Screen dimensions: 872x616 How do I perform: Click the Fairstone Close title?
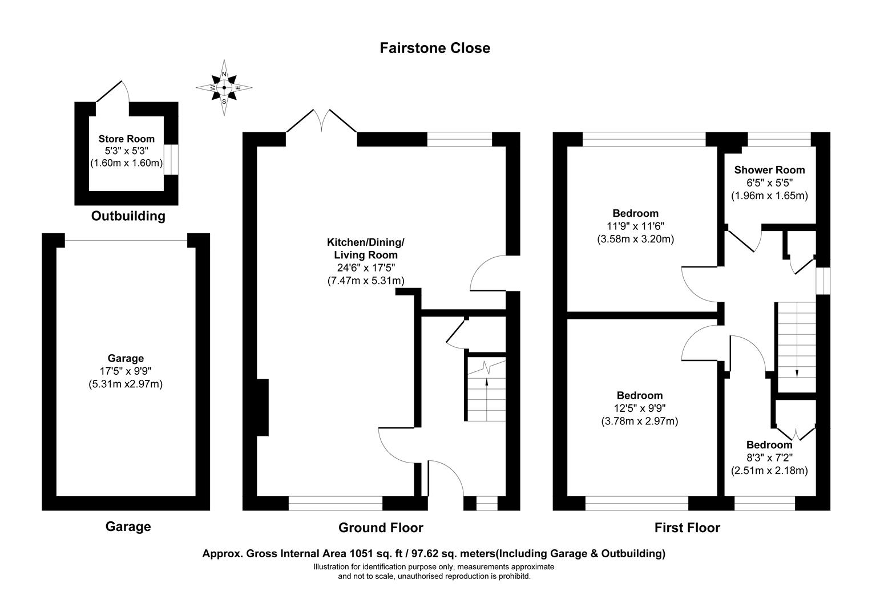click(x=435, y=48)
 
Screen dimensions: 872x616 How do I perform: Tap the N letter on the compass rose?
click(x=224, y=74)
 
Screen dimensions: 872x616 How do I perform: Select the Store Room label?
click(x=127, y=139)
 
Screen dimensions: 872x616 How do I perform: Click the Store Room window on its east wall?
click(x=171, y=160)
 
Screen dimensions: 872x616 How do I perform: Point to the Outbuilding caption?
click(x=128, y=216)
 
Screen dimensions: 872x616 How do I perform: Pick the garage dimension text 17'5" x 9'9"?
click(x=126, y=371)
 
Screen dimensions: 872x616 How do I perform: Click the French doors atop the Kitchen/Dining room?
click(x=321, y=121)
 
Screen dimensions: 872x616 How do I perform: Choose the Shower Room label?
click(x=770, y=169)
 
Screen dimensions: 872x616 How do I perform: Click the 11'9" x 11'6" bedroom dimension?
click(x=635, y=226)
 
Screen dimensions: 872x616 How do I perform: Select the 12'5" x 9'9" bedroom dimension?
click(x=640, y=408)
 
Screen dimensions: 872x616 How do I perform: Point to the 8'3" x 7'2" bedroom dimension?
click(x=769, y=457)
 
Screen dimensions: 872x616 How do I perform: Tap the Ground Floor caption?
click(x=381, y=527)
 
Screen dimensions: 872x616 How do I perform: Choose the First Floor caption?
click(x=687, y=527)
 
